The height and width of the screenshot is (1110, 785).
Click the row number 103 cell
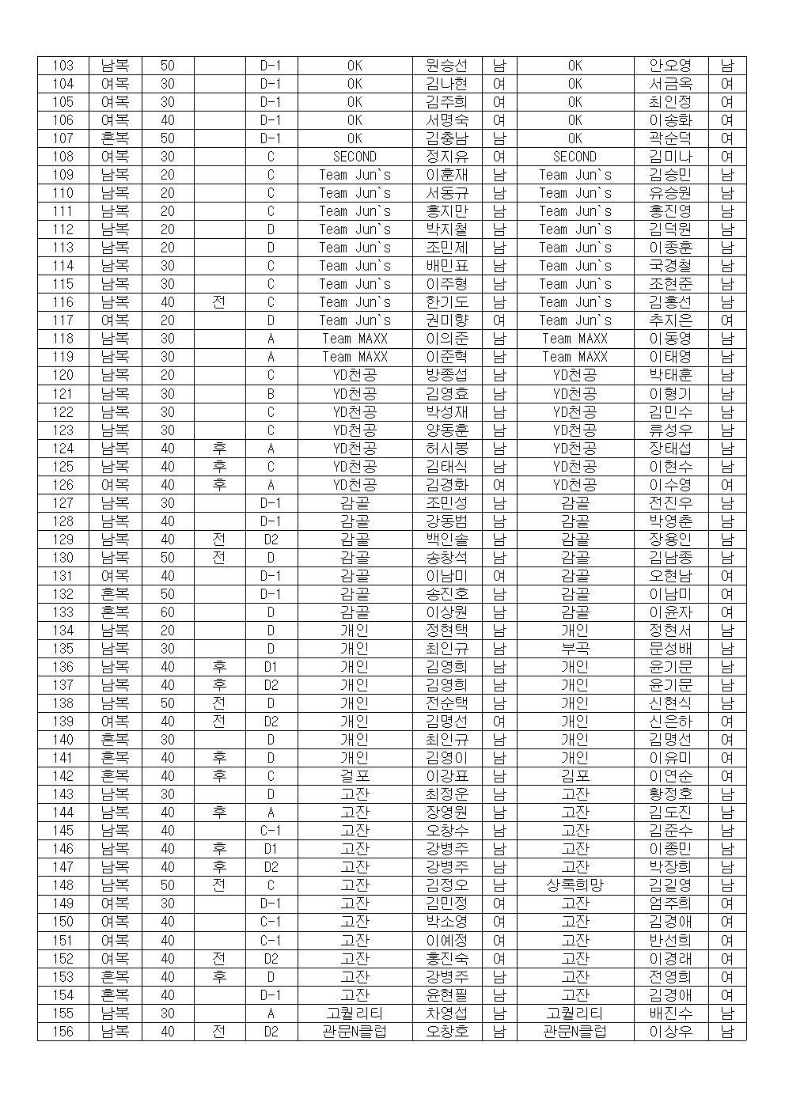(x=63, y=66)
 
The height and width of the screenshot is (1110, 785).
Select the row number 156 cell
(x=63, y=1032)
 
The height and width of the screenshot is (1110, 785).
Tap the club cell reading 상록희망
(x=575, y=885)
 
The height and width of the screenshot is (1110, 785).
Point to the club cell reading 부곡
(x=575, y=649)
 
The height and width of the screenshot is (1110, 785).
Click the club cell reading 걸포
(x=355, y=776)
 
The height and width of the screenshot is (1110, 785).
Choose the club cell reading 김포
(x=575, y=776)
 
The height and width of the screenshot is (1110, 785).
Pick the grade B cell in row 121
(x=271, y=394)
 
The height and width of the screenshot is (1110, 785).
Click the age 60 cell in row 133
(x=168, y=612)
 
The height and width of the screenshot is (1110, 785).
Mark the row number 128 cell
(x=63, y=521)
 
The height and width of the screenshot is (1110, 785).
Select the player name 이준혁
(x=446, y=358)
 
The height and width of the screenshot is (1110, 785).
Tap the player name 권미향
(x=446, y=321)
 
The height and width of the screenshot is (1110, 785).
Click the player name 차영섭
(x=446, y=1013)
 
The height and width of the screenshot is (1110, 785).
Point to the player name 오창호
(x=446, y=1032)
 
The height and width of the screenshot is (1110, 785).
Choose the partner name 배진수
(x=670, y=1013)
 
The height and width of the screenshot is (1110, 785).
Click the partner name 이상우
(x=670, y=1032)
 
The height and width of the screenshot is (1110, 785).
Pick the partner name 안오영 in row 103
(x=670, y=66)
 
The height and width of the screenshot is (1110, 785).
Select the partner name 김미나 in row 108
(x=670, y=157)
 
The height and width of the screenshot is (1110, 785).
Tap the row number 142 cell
(x=63, y=776)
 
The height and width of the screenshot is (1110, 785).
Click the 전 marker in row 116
(x=219, y=302)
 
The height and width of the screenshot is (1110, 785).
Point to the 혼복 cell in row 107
(x=115, y=138)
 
